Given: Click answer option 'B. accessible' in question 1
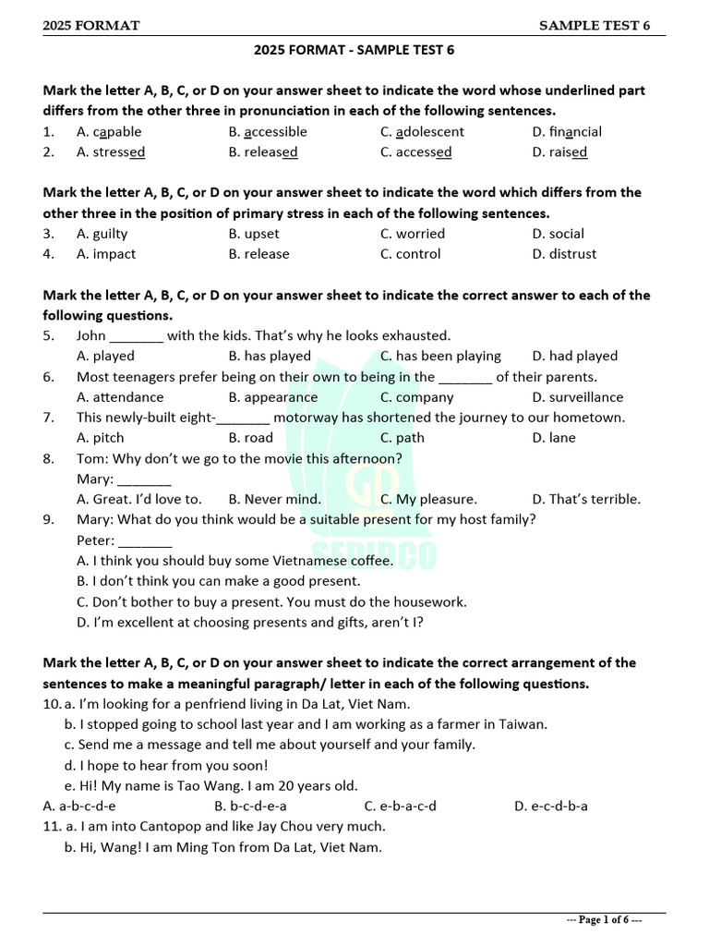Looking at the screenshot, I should [x=268, y=132].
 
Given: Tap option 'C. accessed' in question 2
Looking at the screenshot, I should [x=415, y=152].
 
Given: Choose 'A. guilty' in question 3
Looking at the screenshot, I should [x=102, y=234].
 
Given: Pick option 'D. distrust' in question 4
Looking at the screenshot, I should [x=564, y=254].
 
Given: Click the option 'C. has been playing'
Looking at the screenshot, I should [x=440, y=356].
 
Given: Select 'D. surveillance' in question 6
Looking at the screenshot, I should [x=577, y=397].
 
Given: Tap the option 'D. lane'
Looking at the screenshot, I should [x=554, y=438].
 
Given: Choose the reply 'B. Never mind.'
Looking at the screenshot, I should [x=275, y=499].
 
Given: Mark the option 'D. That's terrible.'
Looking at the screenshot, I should [x=586, y=499].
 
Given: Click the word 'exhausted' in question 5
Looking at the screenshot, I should [x=417, y=335].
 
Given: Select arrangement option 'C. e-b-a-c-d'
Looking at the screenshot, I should [x=401, y=806].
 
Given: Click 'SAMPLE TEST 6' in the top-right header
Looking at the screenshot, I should [x=595, y=26].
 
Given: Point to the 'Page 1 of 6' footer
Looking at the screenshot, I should [x=604, y=920].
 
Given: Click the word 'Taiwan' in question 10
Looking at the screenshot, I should [x=524, y=724].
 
